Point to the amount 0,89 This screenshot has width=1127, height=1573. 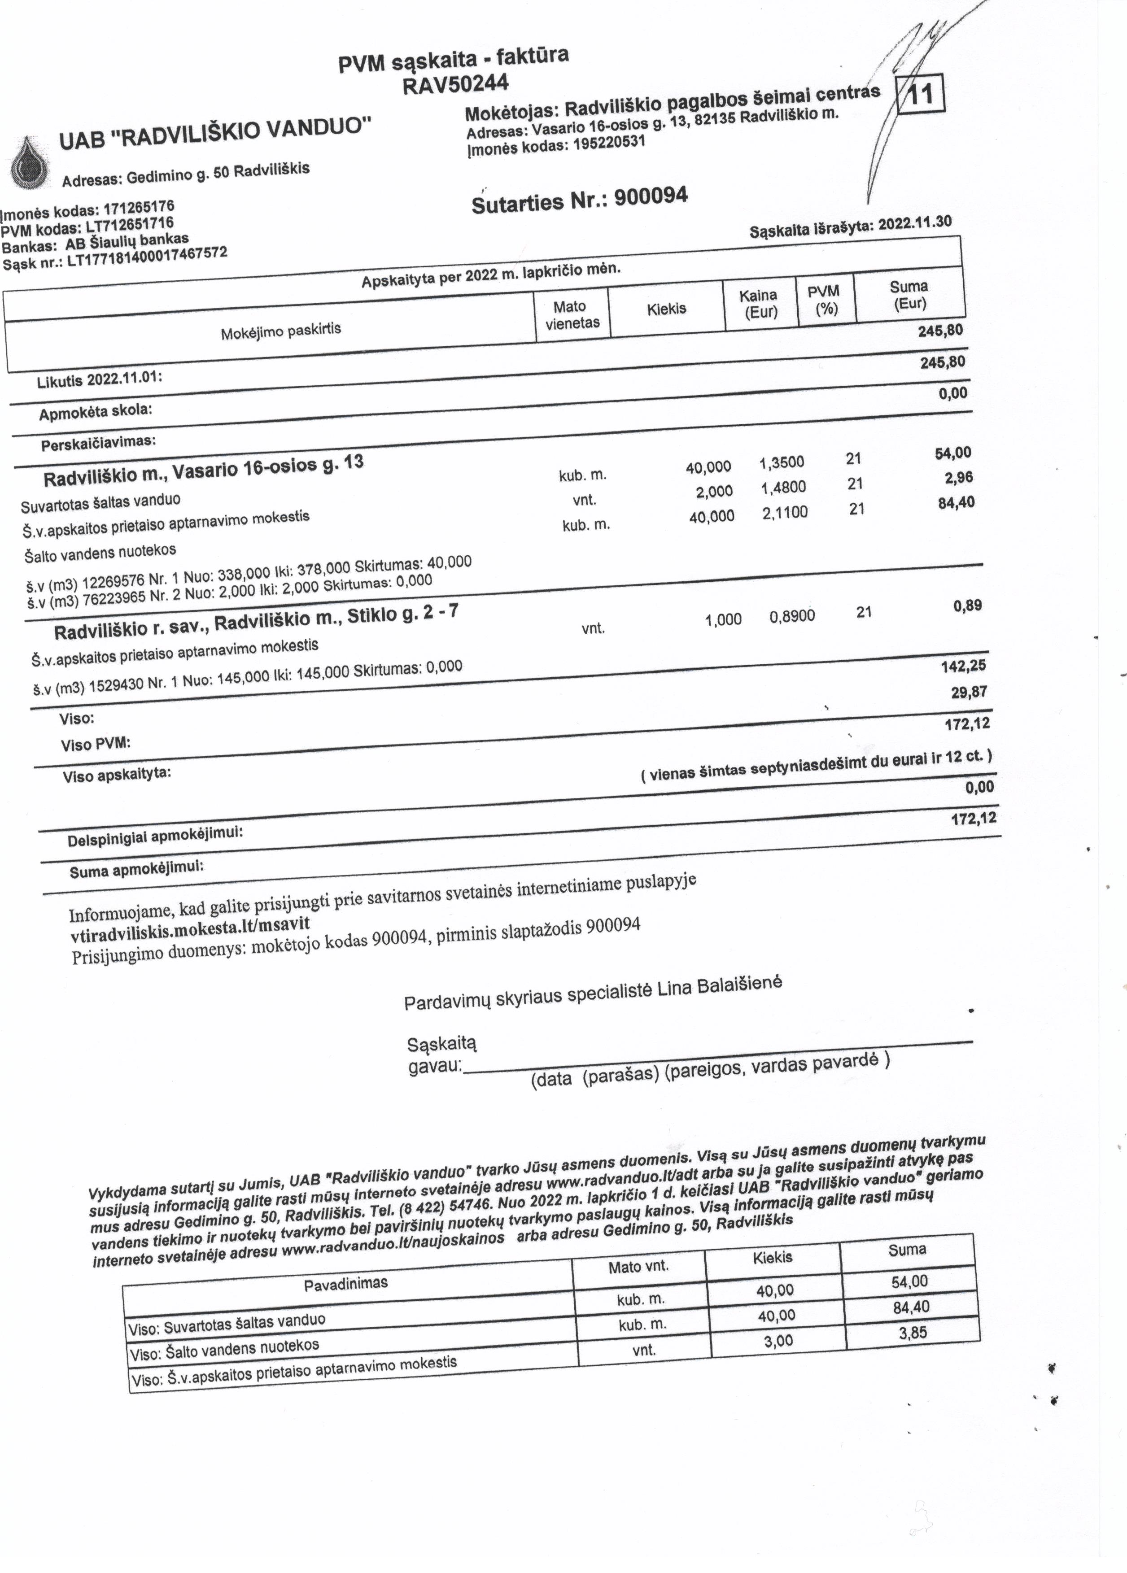pyautogui.click(x=967, y=606)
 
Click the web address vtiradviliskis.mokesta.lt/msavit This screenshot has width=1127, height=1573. pyautogui.click(x=190, y=929)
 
